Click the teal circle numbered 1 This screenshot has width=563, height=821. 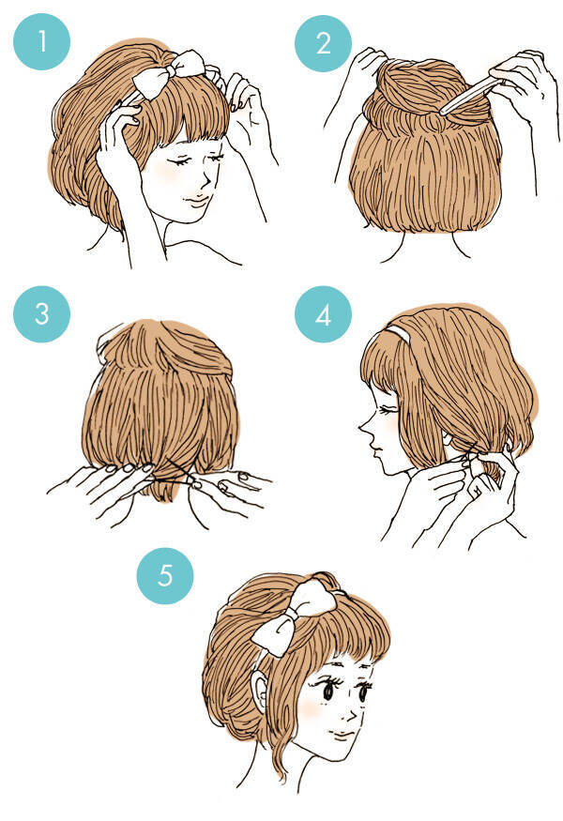tap(41, 42)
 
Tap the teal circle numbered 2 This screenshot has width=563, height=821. tap(323, 43)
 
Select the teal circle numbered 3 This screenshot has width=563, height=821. tap(41, 313)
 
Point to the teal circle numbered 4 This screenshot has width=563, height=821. tap(323, 313)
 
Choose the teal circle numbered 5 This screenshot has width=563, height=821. tap(165, 576)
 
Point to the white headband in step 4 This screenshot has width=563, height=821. tap(398, 333)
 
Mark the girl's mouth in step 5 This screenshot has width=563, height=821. tap(343, 736)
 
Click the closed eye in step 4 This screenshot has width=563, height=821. tap(389, 411)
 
